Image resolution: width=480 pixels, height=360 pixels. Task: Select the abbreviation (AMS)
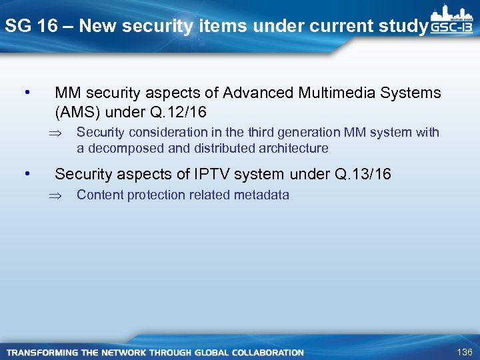tap(79, 111)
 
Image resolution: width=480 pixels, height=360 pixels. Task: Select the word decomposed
tap(121, 148)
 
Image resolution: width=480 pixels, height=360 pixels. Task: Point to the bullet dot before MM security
tap(26, 91)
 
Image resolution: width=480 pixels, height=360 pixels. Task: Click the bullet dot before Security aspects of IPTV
tap(26, 173)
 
